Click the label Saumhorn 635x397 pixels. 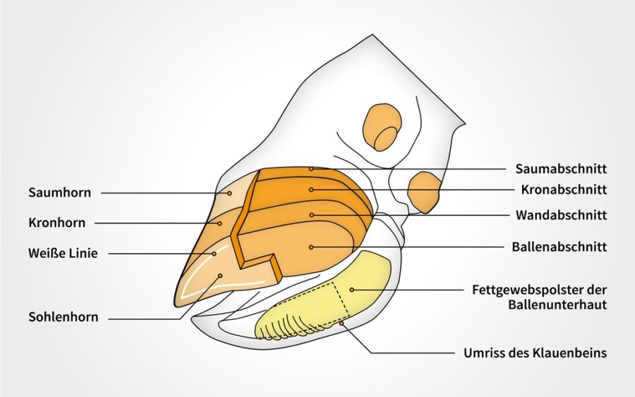pos(59,193)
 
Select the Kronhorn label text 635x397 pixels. pos(57,223)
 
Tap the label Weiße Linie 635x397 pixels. pos(64,254)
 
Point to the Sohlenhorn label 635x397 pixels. pos(64,317)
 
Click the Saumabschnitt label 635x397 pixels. pos(562,169)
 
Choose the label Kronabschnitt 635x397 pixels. pos(564,190)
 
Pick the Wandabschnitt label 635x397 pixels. pos(562,215)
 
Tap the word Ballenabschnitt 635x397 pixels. pos(560,247)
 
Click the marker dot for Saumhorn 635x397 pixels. pos(229,193)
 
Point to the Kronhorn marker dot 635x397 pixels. pos(220,223)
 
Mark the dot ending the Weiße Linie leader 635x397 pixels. pos(214,254)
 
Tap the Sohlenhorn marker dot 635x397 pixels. pos(220,276)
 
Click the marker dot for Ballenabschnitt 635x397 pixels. pos(311,247)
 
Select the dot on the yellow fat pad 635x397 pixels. pos(352,290)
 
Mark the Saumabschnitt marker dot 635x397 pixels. pos(311,169)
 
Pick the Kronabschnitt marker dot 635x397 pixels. pos(311,190)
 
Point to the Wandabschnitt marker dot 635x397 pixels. pos(311,215)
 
